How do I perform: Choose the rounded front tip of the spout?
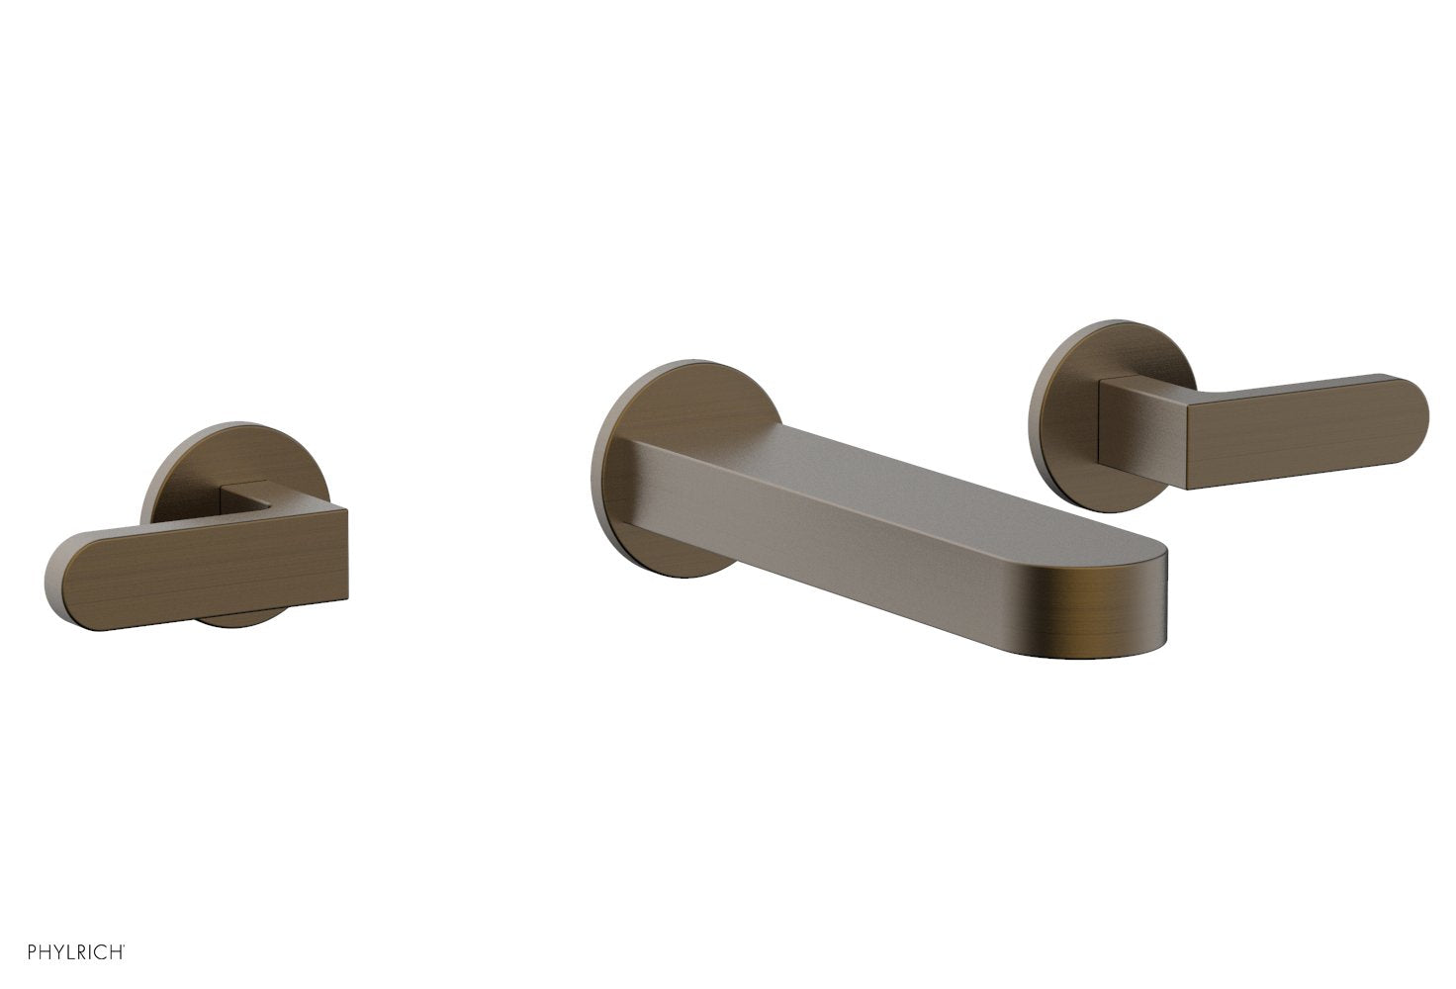pos(1137,593)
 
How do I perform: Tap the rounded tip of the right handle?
pos(1410,425)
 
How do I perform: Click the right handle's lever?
pos(1296,435)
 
